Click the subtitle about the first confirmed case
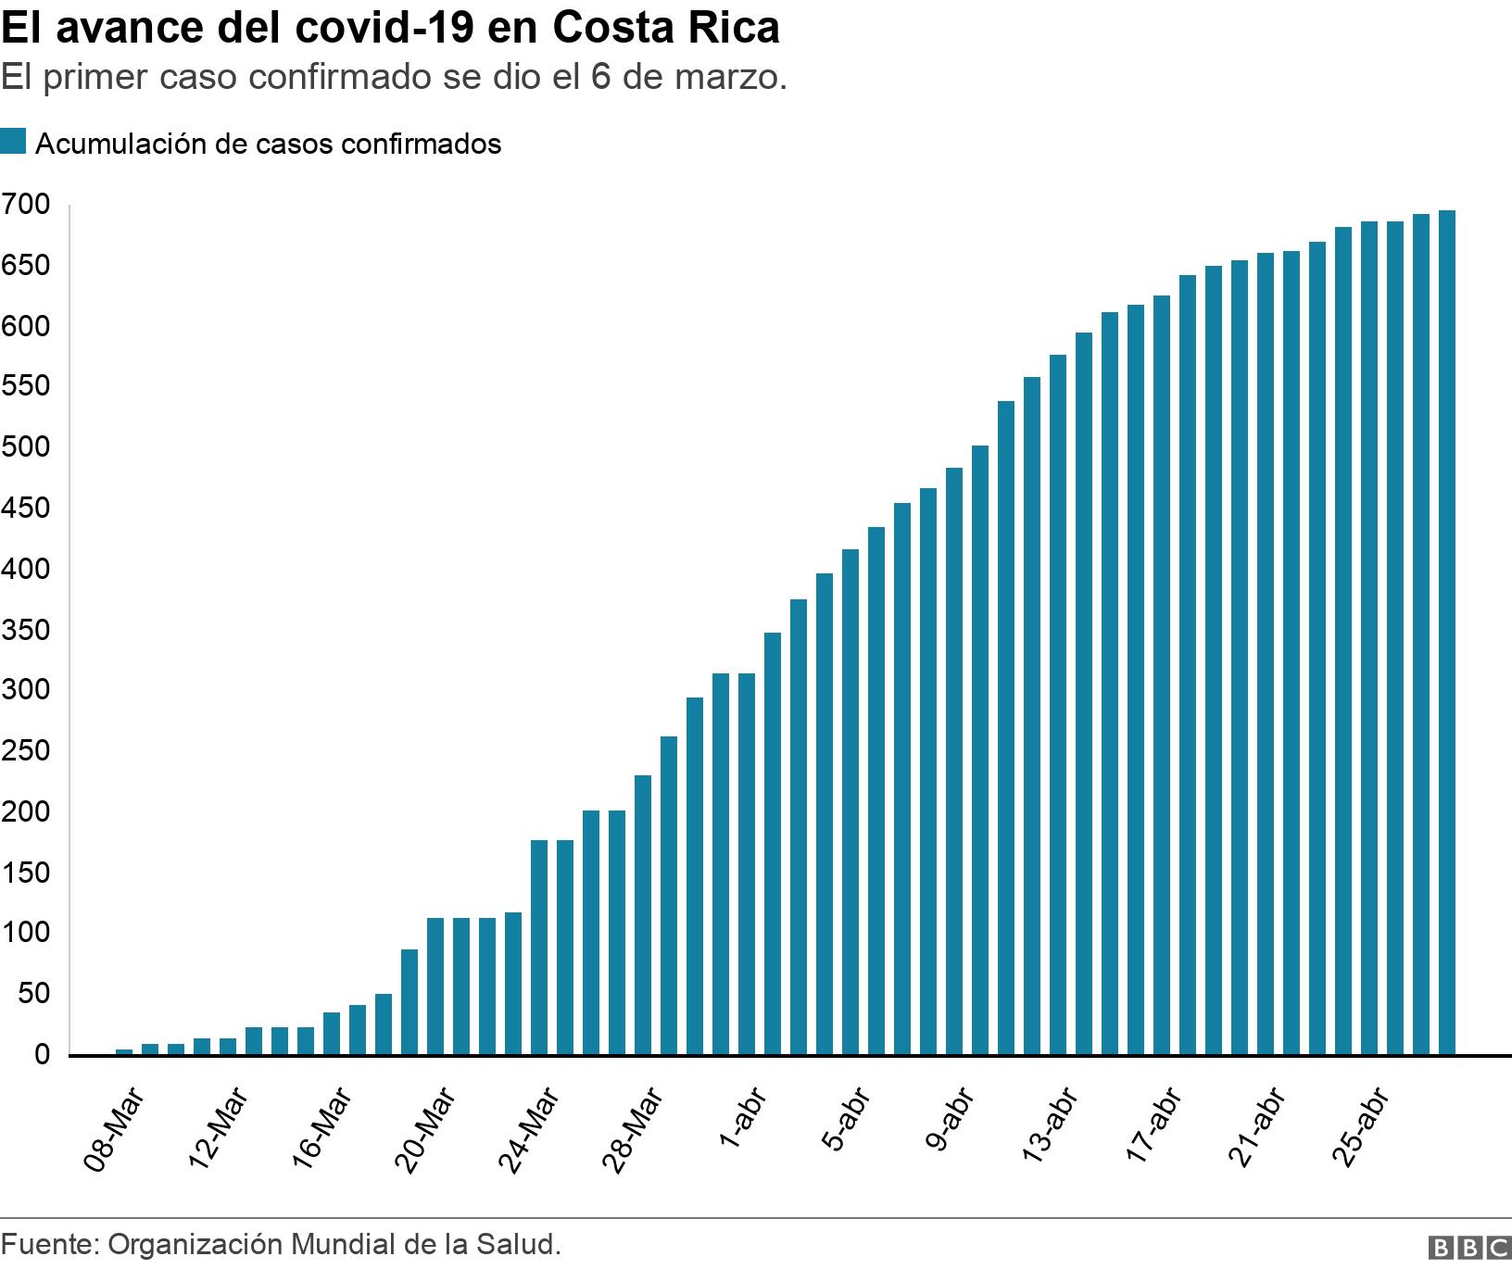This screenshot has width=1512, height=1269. pos(394,78)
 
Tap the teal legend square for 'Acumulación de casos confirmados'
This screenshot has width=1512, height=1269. pos(13,143)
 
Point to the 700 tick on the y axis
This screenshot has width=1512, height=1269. pos(25,205)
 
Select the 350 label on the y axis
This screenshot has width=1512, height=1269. pos(25,631)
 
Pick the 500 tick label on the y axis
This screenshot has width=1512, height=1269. pos(25,447)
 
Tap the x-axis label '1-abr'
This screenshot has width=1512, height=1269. pos(741,1121)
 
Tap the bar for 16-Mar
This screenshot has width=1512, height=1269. pos(332,1034)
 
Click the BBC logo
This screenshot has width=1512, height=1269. pos(1469,1249)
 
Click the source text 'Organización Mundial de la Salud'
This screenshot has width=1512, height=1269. pos(334,1244)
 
